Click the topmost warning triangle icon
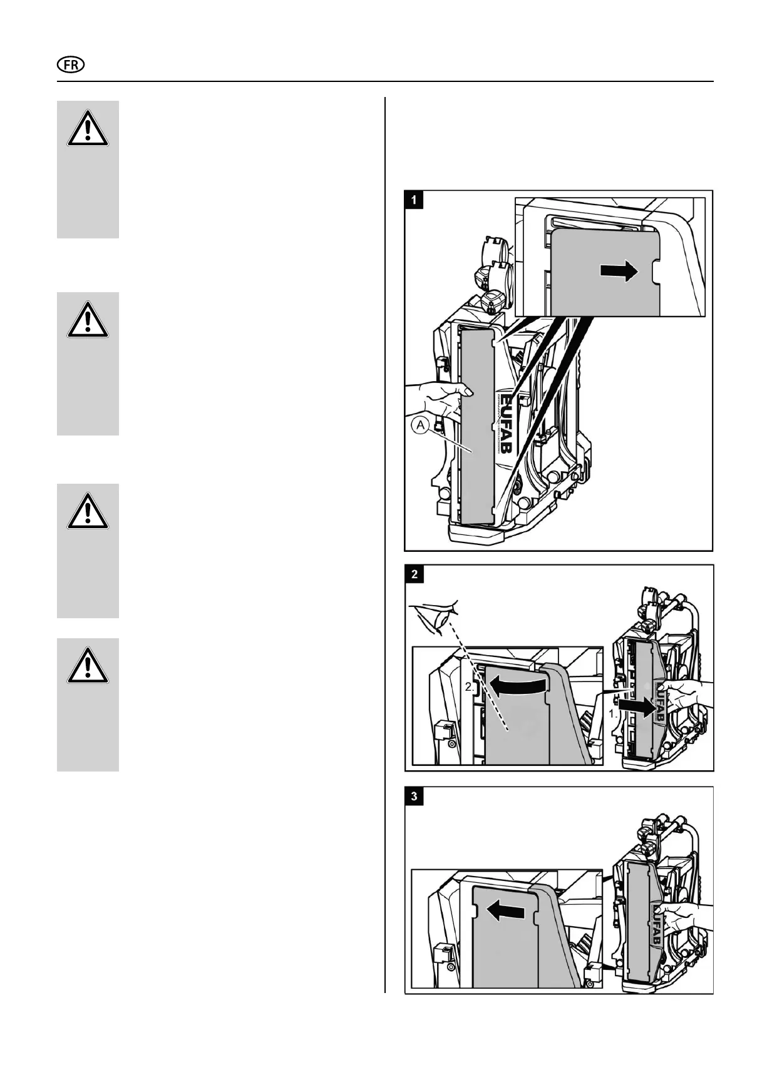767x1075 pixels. (x=88, y=130)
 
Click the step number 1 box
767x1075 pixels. (x=414, y=200)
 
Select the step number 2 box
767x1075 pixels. (x=414, y=574)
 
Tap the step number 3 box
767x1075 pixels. (x=414, y=796)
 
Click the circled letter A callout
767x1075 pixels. (x=420, y=426)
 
